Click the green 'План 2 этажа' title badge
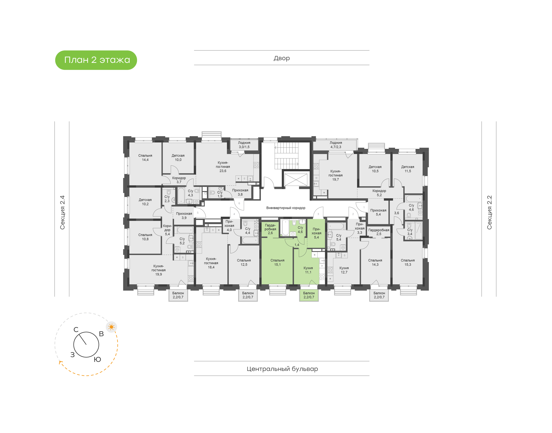[96, 60]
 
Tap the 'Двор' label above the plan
[281, 58]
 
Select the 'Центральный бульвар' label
[282, 369]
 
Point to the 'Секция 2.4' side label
[62, 212]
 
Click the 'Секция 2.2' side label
[489, 212]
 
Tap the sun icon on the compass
[111, 327]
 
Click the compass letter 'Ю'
[97, 359]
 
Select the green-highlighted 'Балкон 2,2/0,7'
[309, 295]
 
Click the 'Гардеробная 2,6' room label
[270, 229]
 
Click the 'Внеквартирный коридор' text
[286, 208]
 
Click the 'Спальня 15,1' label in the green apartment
[277, 262]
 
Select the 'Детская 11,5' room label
[407, 169]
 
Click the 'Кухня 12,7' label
[344, 270]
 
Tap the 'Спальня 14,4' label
[145, 158]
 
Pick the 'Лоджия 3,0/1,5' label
[244, 145]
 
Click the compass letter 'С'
[76, 330]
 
